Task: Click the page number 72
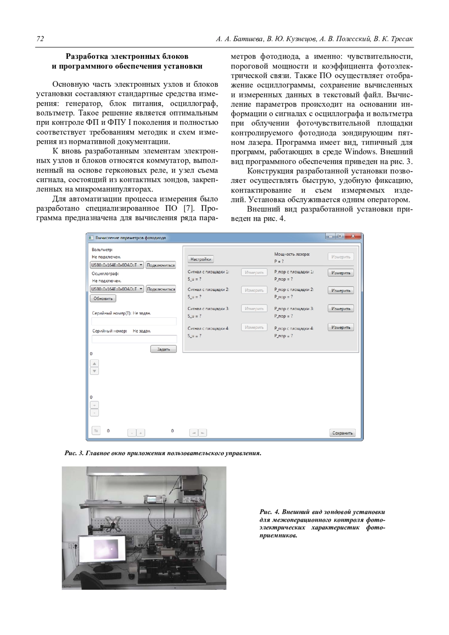click(x=40, y=39)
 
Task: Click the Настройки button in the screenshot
click(x=201, y=259)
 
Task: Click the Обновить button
click(x=103, y=298)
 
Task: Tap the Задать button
click(x=164, y=349)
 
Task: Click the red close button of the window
click(x=353, y=236)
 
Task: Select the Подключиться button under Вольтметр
click(x=161, y=265)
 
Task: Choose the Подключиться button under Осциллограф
click(x=161, y=289)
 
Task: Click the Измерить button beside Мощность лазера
click(x=340, y=257)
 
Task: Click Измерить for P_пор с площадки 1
click(x=340, y=273)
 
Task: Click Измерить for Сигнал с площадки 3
click(x=254, y=309)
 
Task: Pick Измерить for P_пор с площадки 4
click(x=340, y=328)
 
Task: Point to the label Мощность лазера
click(x=292, y=254)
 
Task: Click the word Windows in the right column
click(x=360, y=152)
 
